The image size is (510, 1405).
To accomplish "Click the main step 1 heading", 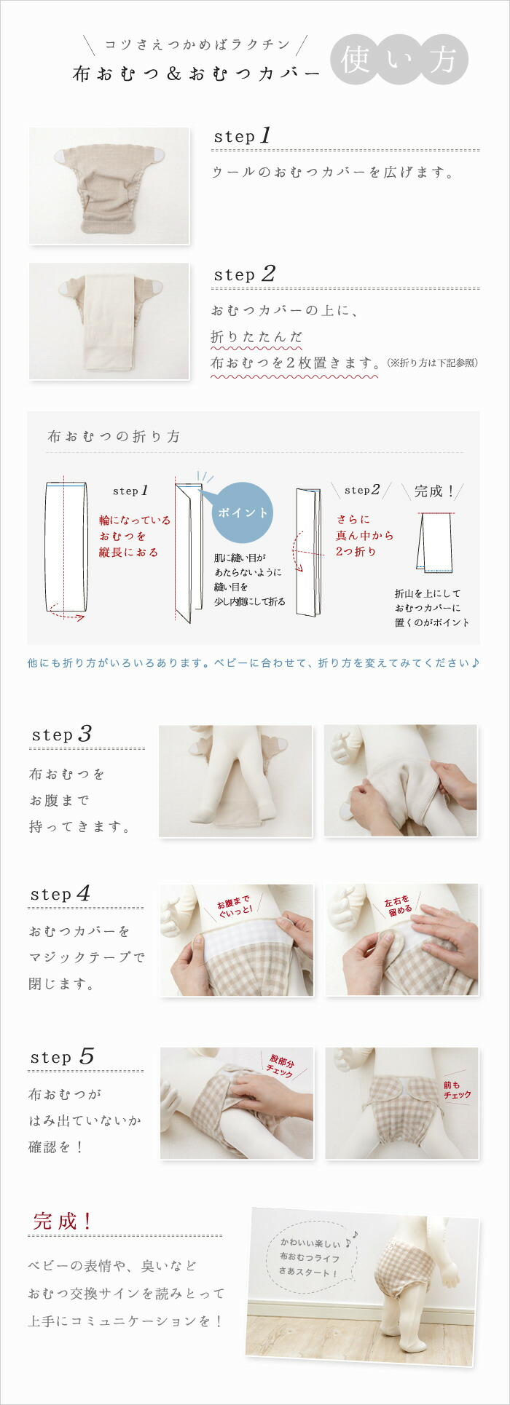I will pyautogui.click(x=242, y=136).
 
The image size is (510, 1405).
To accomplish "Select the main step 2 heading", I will pyautogui.click(x=244, y=274).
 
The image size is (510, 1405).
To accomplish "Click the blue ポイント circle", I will pyautogui.click(x=243, y=512).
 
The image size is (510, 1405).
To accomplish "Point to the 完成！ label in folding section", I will pyautogui.click(x=434, y=491).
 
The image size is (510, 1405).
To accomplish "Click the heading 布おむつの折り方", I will pyautogui.click(x=114, y=437).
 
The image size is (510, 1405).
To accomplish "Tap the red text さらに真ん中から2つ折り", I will pyautogui.click(x=364, y=535).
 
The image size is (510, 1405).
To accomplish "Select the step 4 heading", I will pyautogui.click(x=60, y=894).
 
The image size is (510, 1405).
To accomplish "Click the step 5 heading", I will pyautogui.click(x=62, y=1057).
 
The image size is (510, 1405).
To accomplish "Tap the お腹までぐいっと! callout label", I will pyautogui.click(x=235, y=906).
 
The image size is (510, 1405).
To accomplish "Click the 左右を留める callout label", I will pyautogui.click(x=399, y=905).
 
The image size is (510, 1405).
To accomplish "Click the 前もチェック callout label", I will pyautogui.click(x=457, y=1089).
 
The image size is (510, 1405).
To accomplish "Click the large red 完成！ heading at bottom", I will pyautogui.click(x=63, y=1221).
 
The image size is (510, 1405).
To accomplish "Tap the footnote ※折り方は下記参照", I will pyautogui.click(x=432, y=363).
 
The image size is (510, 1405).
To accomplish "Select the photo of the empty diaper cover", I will pyautogui.click(x=109, y=186).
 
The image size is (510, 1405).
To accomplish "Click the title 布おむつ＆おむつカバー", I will pyautogui.click(x=197, y=74).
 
